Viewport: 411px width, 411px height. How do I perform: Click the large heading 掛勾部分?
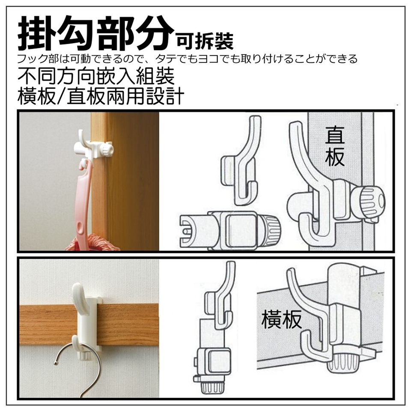[x=96, y=33]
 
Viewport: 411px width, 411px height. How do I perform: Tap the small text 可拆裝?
[x=205, y=41]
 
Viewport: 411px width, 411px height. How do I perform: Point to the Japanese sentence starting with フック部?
[x=187, y=59]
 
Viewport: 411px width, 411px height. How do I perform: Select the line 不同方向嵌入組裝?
[x=96, y=76]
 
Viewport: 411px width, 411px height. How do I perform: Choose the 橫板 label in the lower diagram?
[x=281, y=319]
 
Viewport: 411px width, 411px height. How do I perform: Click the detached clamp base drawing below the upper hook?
[x=229, y=230]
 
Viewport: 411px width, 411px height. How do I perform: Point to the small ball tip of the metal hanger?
[x=55, y=363]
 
